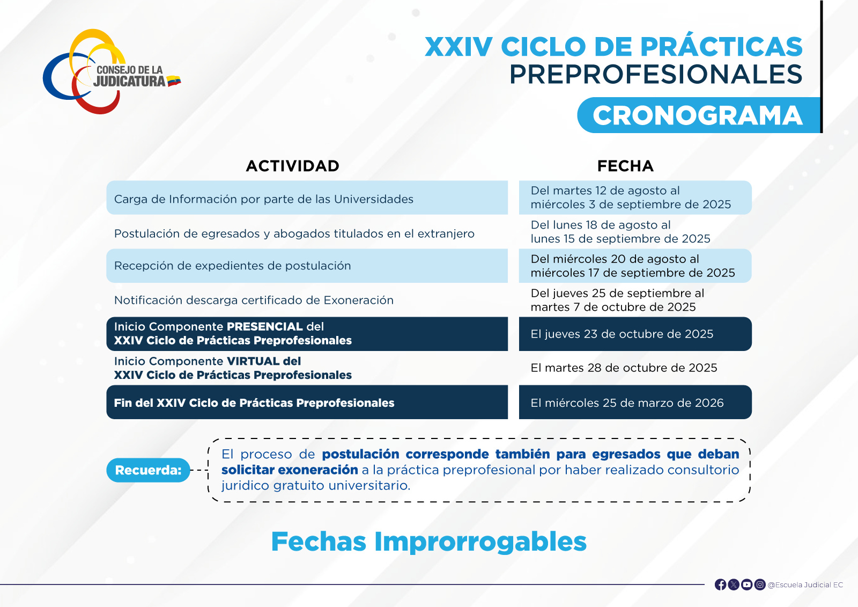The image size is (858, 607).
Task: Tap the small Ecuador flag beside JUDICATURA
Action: pos(174,81)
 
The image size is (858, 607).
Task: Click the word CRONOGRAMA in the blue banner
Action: pos(697,115)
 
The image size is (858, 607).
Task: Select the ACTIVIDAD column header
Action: pos(293,166)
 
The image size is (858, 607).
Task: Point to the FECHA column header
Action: pos(625,166)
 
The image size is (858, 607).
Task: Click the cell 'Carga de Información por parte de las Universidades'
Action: pos(307,198)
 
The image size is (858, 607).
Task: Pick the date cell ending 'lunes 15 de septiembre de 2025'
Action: pos(620,232)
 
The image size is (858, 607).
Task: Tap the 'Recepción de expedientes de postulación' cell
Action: pos(307,266)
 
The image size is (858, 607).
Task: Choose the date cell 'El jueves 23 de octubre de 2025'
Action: pos(635,334)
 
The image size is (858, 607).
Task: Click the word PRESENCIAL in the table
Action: pos(265,327)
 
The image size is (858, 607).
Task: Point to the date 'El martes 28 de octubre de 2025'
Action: pos(624,368)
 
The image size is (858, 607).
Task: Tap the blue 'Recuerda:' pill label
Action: pos(148,470)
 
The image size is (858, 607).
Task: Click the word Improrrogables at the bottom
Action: pos(480,542)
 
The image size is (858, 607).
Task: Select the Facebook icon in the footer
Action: pos(721,585)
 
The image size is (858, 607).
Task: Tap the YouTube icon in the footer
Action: pos(746,585)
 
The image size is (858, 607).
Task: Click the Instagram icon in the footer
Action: pos(760,585)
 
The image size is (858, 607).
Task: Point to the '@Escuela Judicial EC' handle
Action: pos(805,585)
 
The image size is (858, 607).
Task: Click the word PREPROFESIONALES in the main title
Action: pos(656,75)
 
